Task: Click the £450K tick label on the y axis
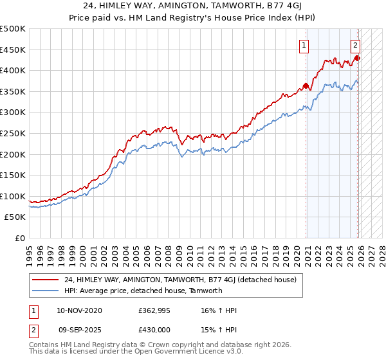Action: tap(13, 50)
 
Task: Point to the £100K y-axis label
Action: tap(13, 196)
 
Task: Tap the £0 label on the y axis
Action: tap(19, 238)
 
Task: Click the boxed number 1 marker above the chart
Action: tap(303, 45)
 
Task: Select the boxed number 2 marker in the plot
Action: tap(355, 45)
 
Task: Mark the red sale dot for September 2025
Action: tap(358, 58)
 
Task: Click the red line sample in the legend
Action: tap(45, 280)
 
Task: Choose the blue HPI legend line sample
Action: tap(45, 291)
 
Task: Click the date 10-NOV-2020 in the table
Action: tap(78, 310)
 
